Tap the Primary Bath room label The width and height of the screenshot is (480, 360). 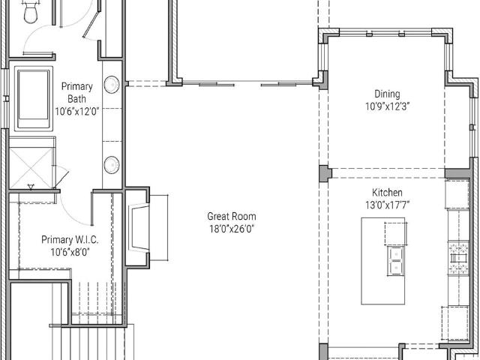[x=76, y=92]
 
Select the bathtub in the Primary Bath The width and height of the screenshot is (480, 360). [x=33, y=98]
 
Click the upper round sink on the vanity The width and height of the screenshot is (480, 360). [x=112, y=85]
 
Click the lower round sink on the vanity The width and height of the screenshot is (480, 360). [x=112, y=165]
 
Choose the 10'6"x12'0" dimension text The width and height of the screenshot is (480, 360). [x=77, y=111]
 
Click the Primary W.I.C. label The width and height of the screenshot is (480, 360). [x=70, y=239]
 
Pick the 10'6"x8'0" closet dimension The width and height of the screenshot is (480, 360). [x=70, y=252]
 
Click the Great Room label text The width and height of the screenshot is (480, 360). [x=232, y=217]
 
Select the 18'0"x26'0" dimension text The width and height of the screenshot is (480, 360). [x=232, y=229]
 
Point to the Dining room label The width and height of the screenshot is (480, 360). [x=387, y=94]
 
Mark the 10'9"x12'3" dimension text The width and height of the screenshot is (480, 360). [x=387, y=106]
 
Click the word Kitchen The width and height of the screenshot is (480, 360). [x=387, y=193]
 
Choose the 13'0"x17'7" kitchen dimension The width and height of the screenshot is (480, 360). [x=387, y=205]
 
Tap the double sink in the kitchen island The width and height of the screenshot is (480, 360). [x=395, y=260]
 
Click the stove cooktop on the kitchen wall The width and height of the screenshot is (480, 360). [x=458, y=258]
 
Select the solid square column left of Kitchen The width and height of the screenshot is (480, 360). [x=325, y=173]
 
